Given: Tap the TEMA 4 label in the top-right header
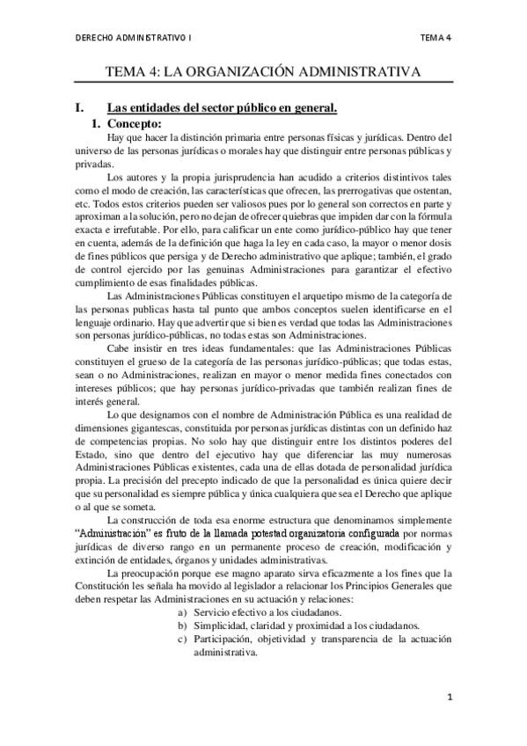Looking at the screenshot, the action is tap(436, 38).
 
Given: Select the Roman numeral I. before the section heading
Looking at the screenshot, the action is tap(80, 109).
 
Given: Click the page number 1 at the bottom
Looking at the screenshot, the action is tap(449, 698).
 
